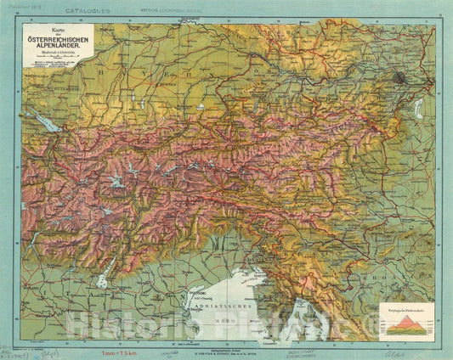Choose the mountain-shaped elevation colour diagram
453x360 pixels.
point(406,325)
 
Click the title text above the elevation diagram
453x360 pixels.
point(406,312)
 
